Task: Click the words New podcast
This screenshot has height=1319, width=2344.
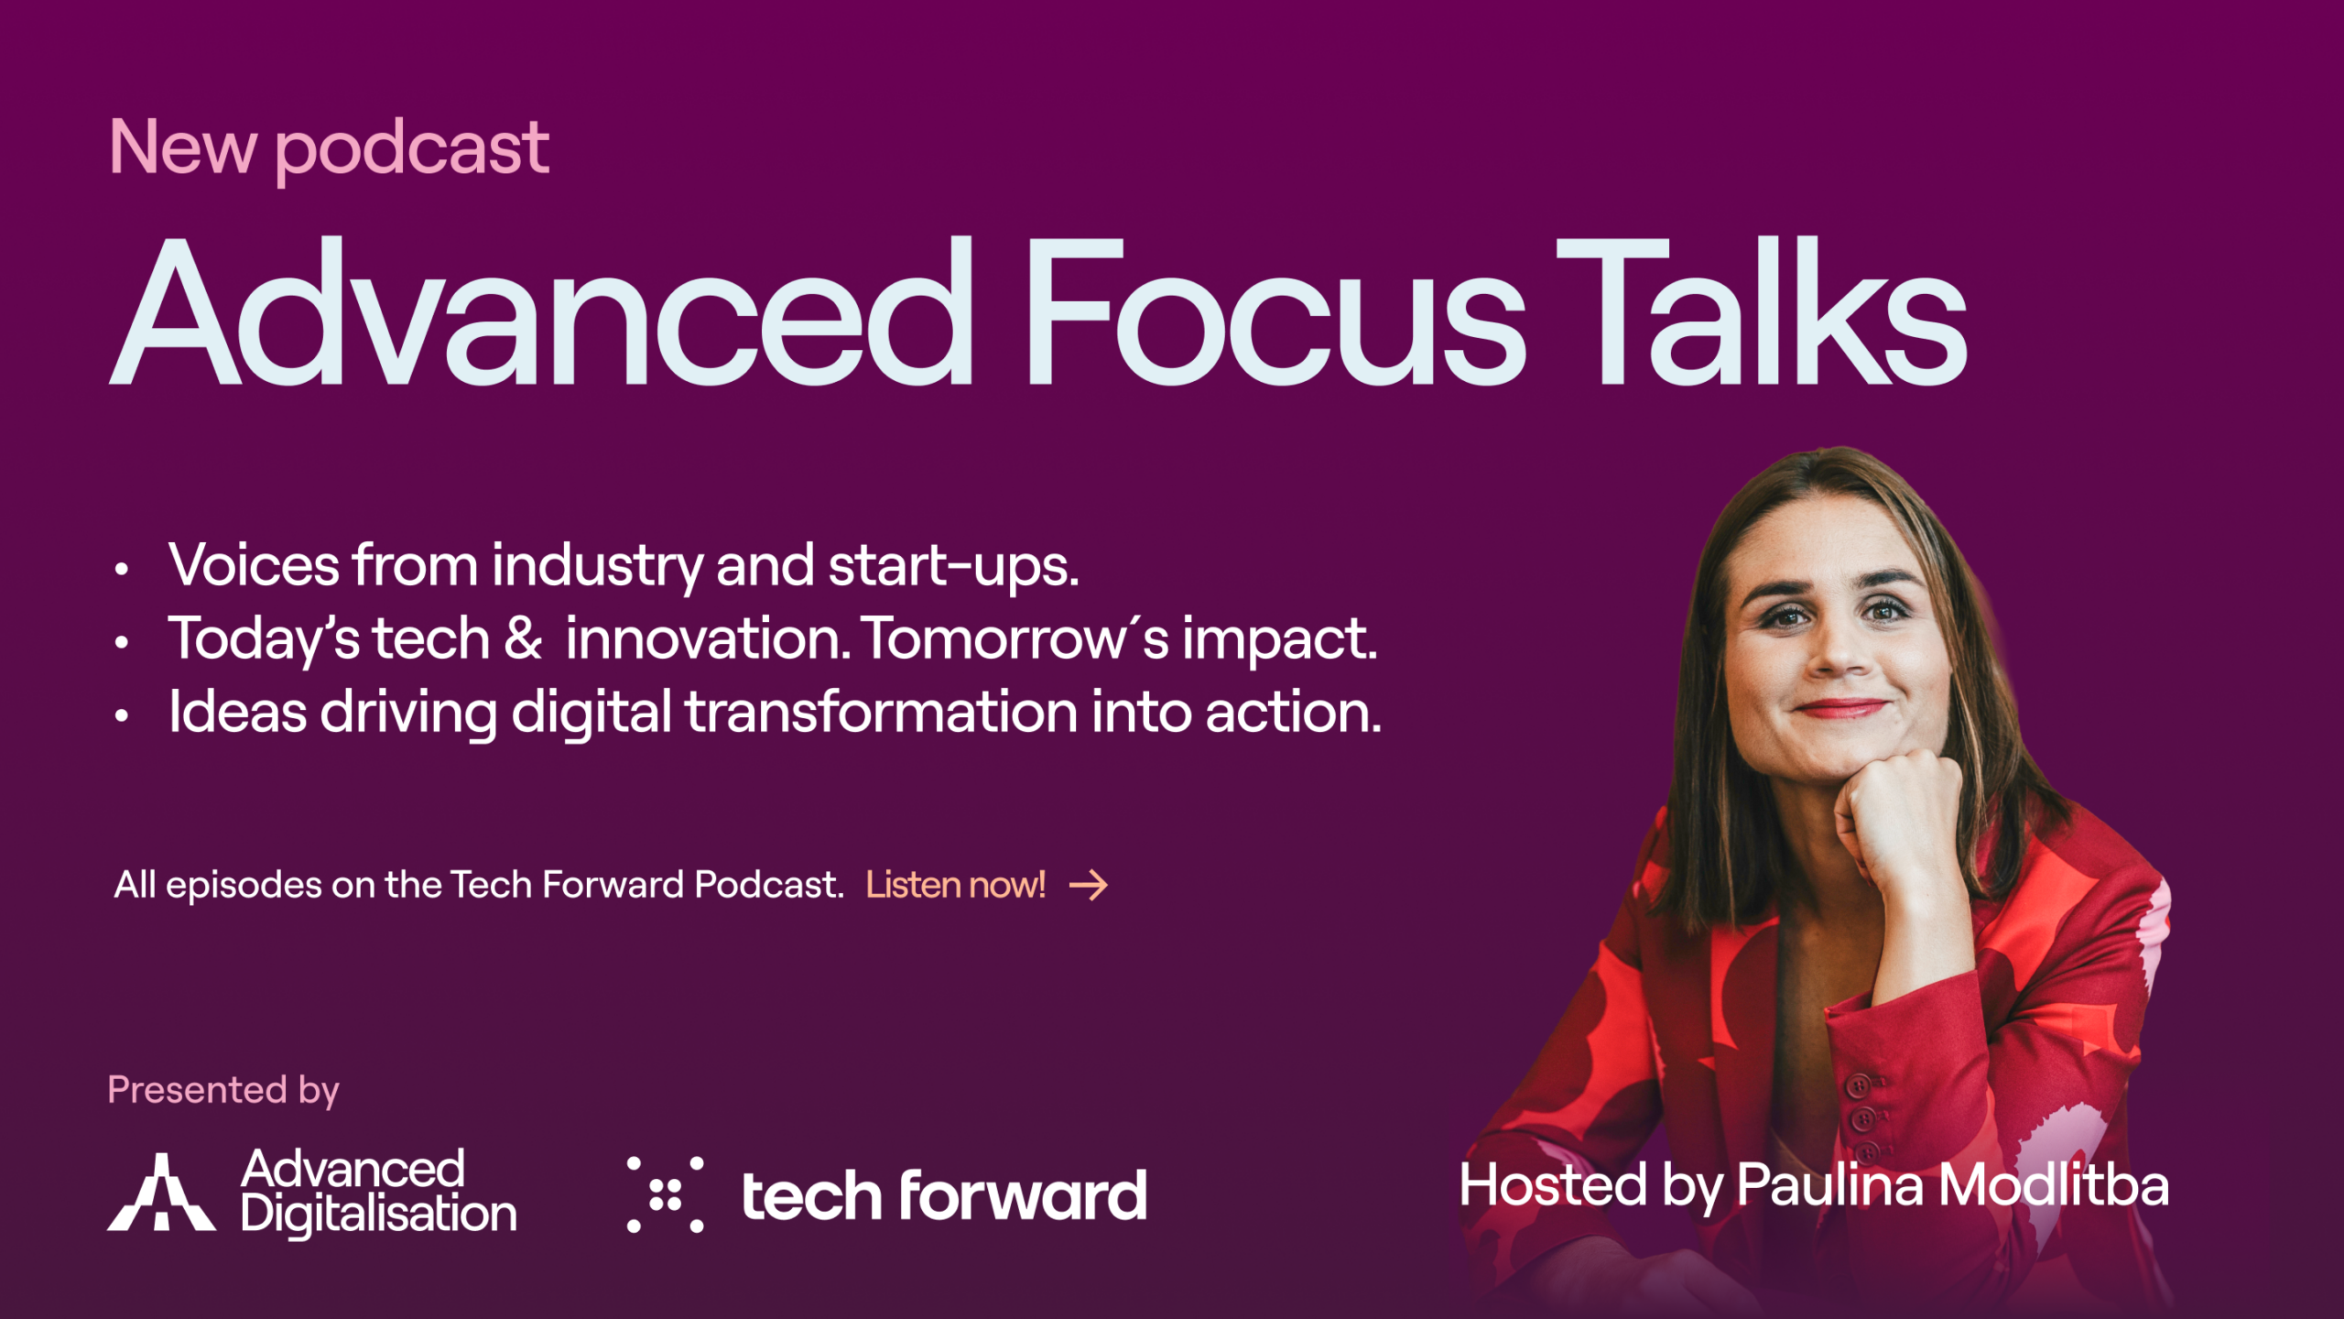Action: [329, 148]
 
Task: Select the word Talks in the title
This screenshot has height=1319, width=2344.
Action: [1762, 311]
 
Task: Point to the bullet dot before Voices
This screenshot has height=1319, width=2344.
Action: [122, 570]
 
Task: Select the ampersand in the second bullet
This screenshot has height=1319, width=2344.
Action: [523, 638]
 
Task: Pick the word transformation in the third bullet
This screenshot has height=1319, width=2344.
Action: [881, 713]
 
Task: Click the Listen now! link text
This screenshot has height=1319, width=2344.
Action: [956, 885]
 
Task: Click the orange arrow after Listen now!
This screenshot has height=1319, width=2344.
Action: [1089, 885]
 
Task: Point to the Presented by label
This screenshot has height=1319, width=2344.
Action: [223, 1091]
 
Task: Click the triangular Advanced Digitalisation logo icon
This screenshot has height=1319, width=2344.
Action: [161, 1192]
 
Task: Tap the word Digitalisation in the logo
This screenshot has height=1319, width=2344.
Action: [379, 1215]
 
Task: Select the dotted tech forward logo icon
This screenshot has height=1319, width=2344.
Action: [666, 1194]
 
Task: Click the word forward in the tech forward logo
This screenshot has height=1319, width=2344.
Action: [1023, 1195]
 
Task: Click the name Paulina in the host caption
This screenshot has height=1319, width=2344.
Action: [1830, 1185]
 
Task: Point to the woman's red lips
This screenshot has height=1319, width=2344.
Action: [1842, 708]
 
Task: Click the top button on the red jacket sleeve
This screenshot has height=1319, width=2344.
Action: [1859, 1087]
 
